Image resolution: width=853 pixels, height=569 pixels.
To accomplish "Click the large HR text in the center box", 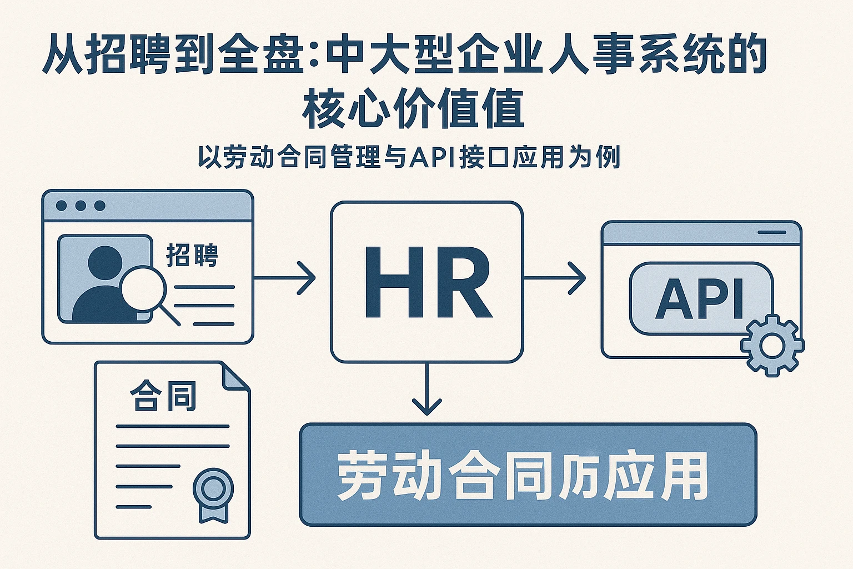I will (427, 282).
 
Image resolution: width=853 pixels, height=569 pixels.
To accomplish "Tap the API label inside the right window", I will (699, 299).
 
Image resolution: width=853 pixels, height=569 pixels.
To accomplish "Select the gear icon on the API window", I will (771, 345).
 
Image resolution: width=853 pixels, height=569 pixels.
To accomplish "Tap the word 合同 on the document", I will (163, 396).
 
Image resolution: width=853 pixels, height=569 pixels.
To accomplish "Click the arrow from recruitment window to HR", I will (285, 277).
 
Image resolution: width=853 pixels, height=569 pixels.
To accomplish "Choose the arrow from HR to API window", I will (555, 277).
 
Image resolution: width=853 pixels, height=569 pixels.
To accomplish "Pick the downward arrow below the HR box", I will (426, 390).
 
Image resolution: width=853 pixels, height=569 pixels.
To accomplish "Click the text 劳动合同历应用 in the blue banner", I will (523, 476).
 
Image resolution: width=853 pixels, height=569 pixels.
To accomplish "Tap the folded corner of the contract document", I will (235, 375).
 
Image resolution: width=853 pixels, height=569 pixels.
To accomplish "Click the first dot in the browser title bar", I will (62, 206).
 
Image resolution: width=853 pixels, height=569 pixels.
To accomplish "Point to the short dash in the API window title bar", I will (772, 232).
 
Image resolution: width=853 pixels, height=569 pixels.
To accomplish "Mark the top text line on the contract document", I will (173, 426).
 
